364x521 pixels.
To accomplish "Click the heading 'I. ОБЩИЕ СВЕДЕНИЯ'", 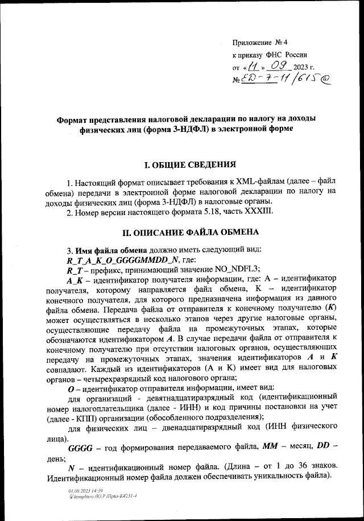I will tap(189, 166).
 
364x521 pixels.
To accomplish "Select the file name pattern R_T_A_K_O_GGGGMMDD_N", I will tap(122, 259).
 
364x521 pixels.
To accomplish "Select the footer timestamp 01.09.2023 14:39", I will tap(86, 490).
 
